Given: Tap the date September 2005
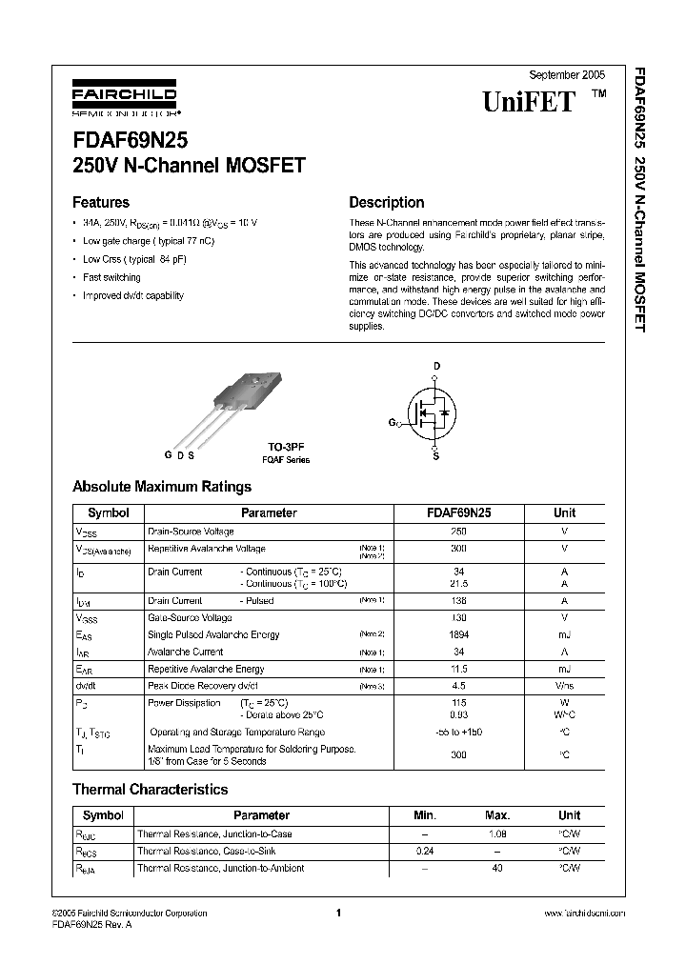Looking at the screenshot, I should (566, 74).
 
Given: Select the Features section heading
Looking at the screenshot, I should (101, 202).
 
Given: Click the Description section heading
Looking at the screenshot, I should (386, 202).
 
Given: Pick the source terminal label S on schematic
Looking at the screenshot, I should (436, 455).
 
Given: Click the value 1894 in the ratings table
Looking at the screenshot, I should (458, 634).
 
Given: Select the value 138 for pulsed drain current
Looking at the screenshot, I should (458, 601).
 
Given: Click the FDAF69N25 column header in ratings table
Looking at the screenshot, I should (458, 512).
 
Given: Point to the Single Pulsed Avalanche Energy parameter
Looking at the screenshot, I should (213, 634).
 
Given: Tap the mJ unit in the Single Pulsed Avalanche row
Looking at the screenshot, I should (564, 634).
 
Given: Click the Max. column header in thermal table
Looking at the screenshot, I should (497, 815).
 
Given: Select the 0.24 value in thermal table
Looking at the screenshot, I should (425, 851).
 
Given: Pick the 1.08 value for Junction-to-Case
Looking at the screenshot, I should (497, 833).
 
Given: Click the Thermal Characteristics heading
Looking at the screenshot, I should (151, 789).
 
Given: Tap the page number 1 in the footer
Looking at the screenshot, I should (338, 913).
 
